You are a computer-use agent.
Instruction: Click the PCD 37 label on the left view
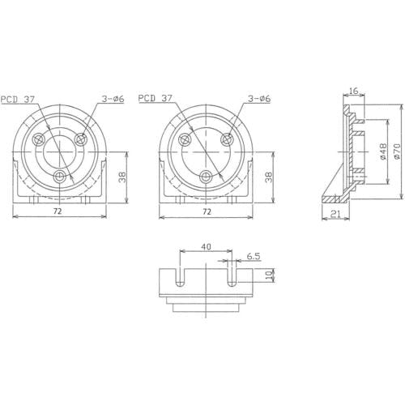coord(18,100)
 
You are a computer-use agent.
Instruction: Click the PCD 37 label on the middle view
coord(155,98)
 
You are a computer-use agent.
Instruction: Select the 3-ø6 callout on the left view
coord(113,99)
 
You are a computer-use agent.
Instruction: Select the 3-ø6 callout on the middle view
coord(259,99)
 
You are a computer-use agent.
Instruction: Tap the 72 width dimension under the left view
coord(58,211)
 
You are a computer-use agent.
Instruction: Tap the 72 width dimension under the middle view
coord(207,212)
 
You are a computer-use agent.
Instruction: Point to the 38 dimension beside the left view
coord(123,177)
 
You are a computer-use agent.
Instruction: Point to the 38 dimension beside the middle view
coord(269,177)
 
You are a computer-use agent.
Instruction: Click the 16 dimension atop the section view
coord(353,91)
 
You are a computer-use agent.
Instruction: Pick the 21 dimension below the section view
coord(335,214)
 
